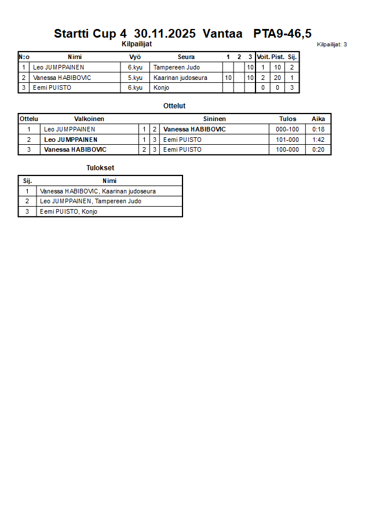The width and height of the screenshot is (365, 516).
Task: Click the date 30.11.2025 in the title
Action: [x=165, y=34]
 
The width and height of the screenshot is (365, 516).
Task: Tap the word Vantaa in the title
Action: [x=222, y=34]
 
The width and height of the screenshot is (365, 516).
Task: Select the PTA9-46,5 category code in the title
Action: [x=282, y=34]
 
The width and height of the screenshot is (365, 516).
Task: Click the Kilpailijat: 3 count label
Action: [x=332, y=45]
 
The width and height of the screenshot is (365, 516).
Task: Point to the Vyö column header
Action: [x=135, y=57]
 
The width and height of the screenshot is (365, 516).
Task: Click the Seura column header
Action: [x=186, y=57]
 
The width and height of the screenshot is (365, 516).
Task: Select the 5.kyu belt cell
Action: [x=135, y=78]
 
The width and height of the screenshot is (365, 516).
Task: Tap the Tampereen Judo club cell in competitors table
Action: [x=176, y=67]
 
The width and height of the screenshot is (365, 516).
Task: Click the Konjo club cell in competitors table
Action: [x=161, y=88]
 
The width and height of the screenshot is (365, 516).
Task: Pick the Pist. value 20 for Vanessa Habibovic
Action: [x=278, y=78]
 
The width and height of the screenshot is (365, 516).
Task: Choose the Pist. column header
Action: [x=278, y=57]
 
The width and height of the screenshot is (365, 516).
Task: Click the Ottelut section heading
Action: [x=174, y=106]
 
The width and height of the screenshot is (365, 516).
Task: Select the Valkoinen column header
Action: [x=89, y=119]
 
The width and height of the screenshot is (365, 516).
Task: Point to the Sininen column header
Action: [x=214, y=119]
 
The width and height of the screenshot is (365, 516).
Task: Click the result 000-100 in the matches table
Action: [x=287, y=129]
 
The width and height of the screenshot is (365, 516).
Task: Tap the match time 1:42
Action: [x=318, y=140]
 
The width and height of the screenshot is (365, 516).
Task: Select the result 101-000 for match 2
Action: [x=287, y=140]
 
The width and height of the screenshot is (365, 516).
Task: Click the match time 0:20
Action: [x=318, y=150]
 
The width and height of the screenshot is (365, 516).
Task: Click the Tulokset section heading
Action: [x=100, y=168]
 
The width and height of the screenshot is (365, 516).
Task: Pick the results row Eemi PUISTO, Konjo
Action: [x=68, y=212]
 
